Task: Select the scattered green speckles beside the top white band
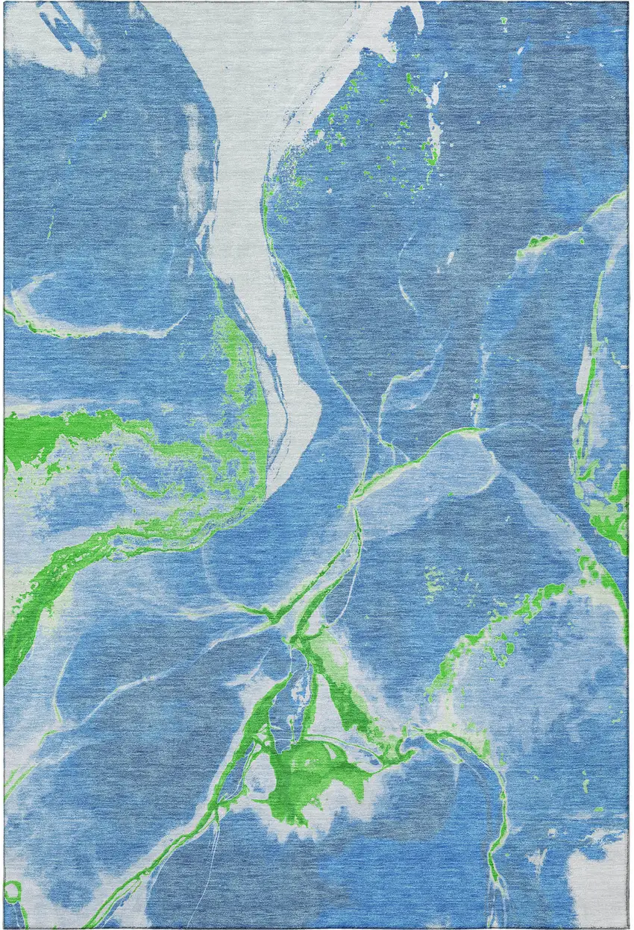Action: [x=336, y=127]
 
